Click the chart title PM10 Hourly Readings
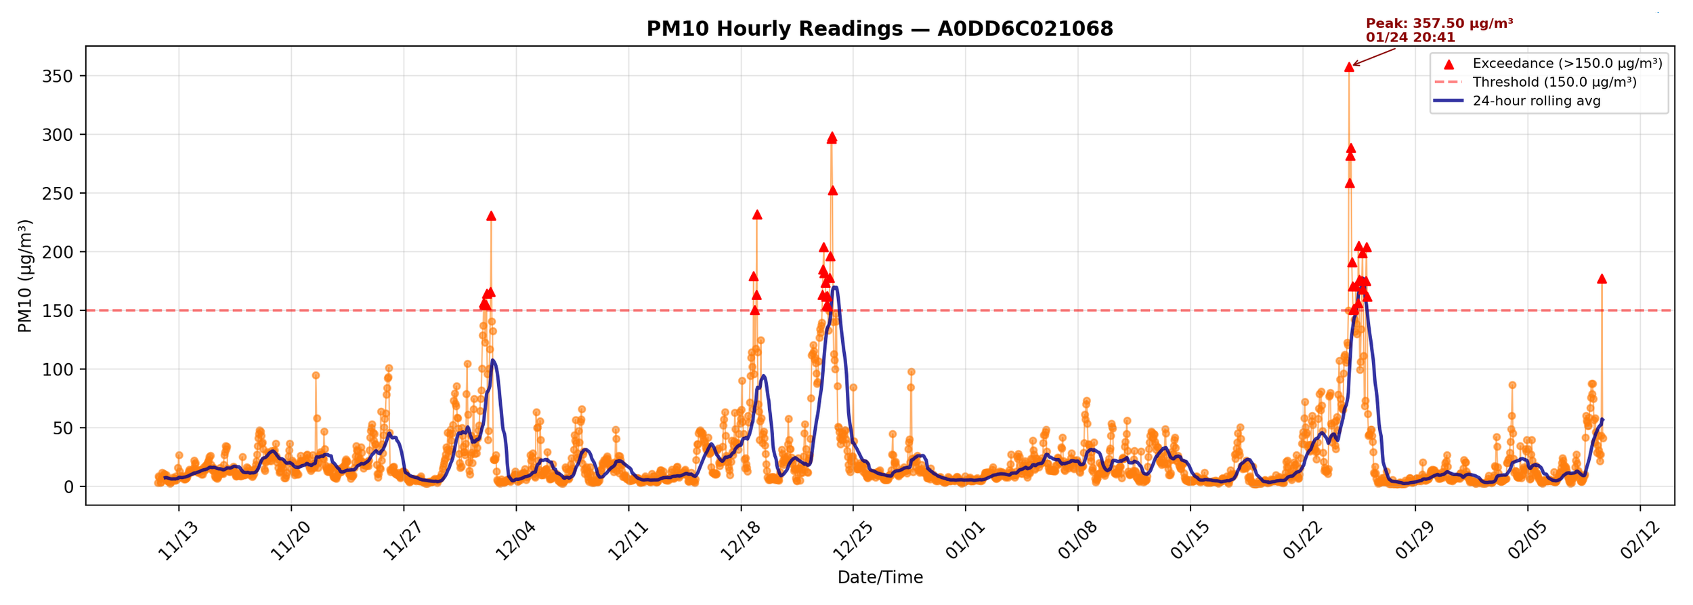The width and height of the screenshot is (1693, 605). click(x=880, y=29)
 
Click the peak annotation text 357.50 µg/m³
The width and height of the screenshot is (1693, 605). click(x=1439, y=24)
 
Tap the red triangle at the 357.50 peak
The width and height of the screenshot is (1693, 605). click(x=1349, y=67)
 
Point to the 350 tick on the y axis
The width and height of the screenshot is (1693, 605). click(x=58, y=77)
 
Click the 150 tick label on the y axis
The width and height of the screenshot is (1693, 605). click(x=58, y=311)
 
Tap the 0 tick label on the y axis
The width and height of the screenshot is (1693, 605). click(x=68, y=487)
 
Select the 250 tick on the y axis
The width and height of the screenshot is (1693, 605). click(x=58, y=194)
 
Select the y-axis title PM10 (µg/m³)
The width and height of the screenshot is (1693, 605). click(x=25, y=276)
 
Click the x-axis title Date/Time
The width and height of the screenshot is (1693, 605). click(x=880, y=577)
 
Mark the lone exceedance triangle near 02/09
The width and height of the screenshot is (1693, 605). click(x=1602, y=279)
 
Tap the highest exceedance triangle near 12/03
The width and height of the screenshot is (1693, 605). click(x=491, y=216)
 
